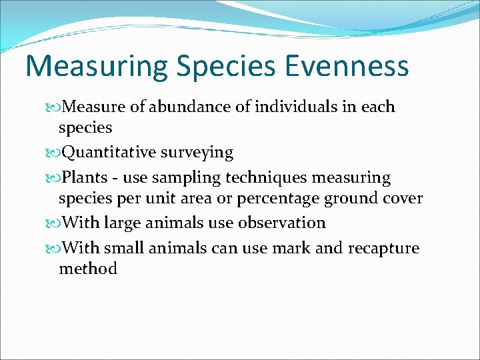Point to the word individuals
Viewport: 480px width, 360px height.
click(x=292, y=107)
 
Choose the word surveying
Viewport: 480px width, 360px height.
click(x=199, y=153)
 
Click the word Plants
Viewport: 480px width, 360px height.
click(x=83, y=178)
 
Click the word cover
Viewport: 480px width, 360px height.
click(x=403, y=199)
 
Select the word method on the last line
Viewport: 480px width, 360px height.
click(x=87, y=269)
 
